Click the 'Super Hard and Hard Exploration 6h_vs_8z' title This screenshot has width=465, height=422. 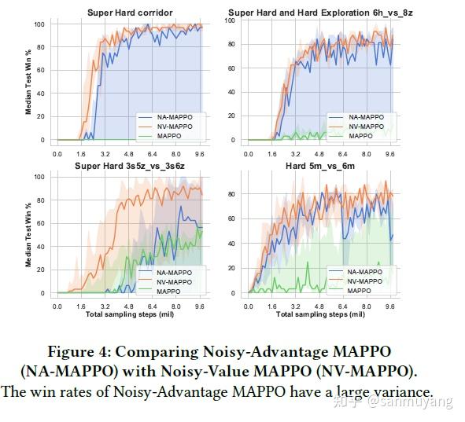pos(321,13)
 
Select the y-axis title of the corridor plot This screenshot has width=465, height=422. pos(28,82)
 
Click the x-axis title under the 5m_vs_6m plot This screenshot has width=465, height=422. pos(321,314)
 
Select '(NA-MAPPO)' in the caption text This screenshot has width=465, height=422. pos(76,372)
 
